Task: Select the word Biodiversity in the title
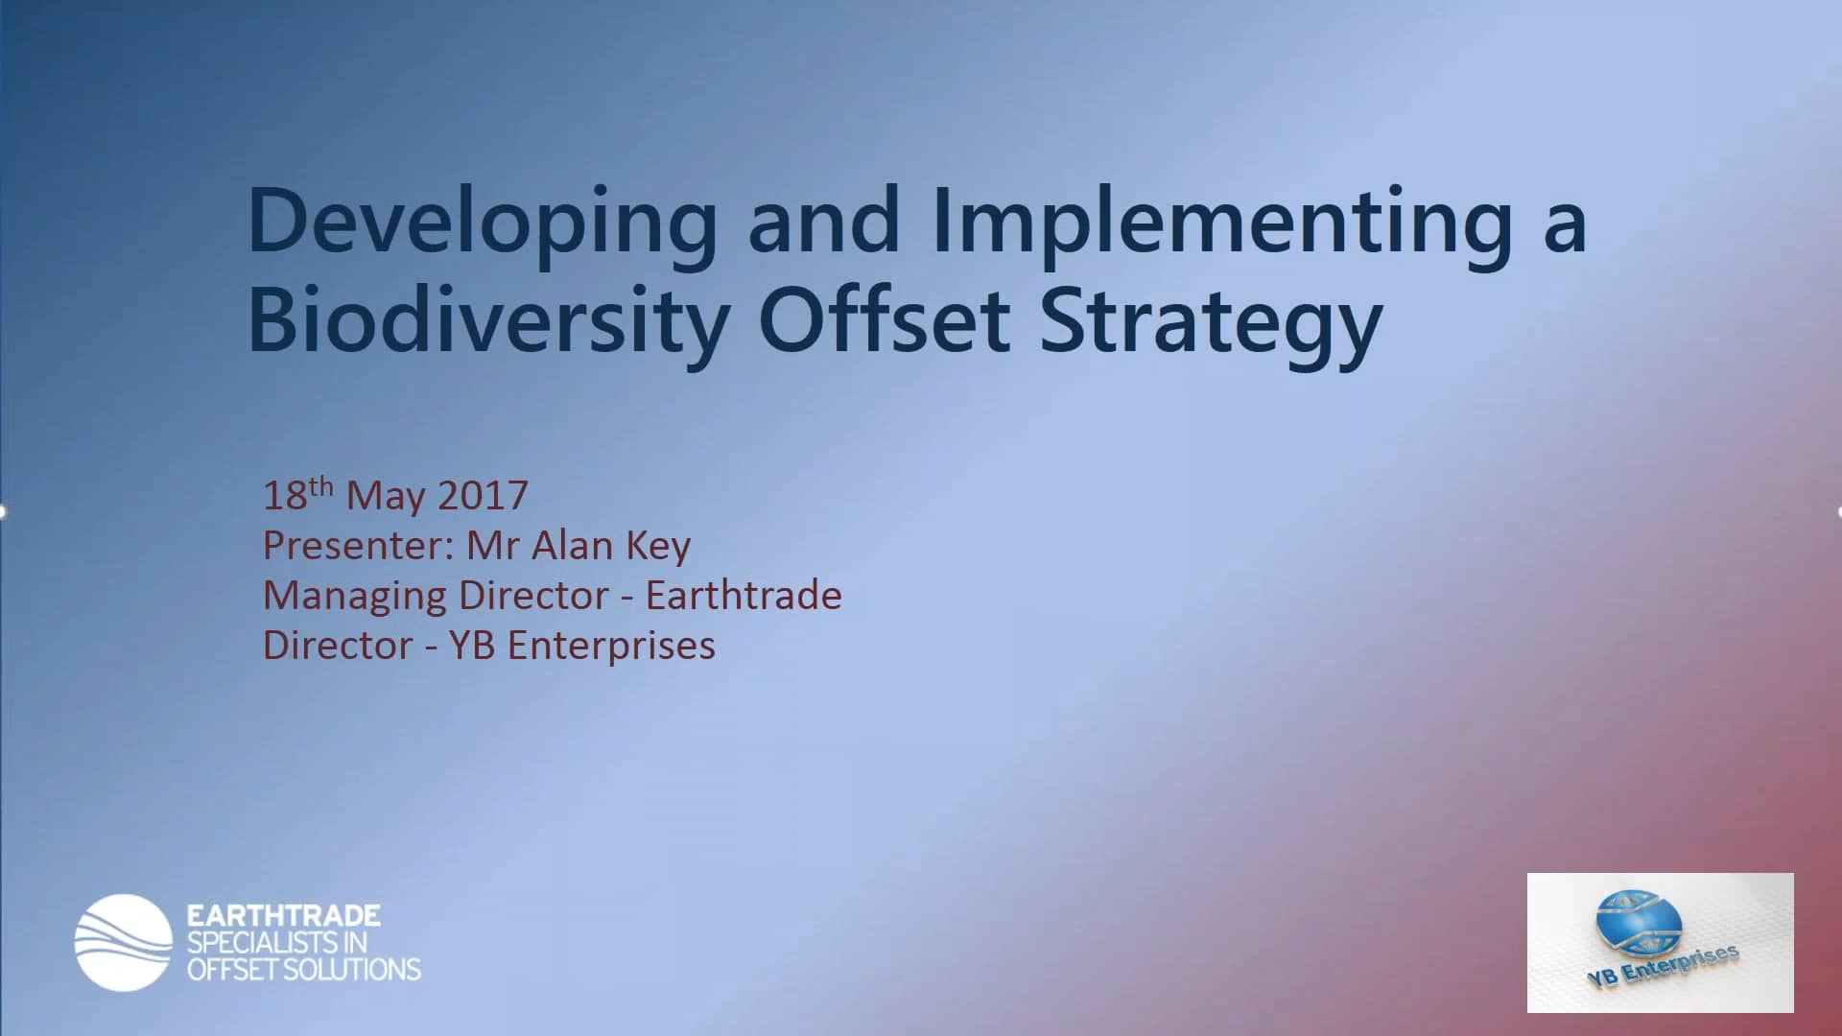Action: click(x=488, y=321)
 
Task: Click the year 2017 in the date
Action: click(x=483, y=496)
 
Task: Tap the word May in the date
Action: click(x=385, y=496)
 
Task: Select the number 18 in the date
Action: click(x=284, y=496)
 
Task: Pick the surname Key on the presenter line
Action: click(x=658, y=546)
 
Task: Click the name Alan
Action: click(x=572, y=546)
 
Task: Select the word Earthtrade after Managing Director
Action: click(x=744, y=596)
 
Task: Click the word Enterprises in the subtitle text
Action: click(x=611, y=647)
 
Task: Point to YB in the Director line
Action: click(x=471, y=646)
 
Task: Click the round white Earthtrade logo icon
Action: click(x=123, y=942)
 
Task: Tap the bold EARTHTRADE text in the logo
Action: click(x=284, y=915)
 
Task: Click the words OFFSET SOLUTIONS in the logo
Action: click(x=304, y=970)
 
